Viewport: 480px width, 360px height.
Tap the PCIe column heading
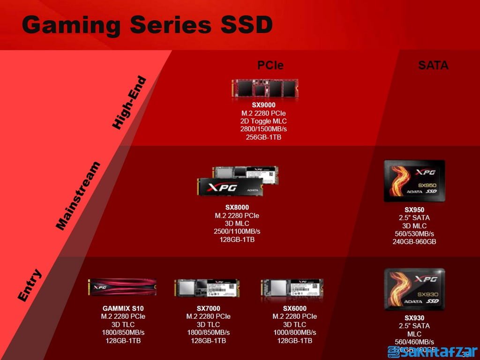coord(270,65)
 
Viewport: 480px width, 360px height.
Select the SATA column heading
coord(433,65)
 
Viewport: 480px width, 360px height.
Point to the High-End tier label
coord(129,103)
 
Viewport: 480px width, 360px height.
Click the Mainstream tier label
coord(78,196)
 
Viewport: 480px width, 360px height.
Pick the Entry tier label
coord(30,285)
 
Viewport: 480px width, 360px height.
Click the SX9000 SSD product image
coord(265,89)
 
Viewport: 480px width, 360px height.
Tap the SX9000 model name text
coord(263,105)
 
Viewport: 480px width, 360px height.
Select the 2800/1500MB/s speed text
coord(263,129)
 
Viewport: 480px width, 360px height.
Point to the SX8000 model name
coord(237,207)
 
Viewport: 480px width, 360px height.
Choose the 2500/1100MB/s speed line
coord(237,231)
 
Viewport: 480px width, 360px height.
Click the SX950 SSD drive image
coord(414,181)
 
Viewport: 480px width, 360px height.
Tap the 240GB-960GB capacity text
coord(414,242)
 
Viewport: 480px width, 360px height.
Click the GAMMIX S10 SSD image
coord(122,287)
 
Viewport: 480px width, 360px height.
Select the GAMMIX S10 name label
coord(123,308)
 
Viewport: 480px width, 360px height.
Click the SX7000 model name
coord(208,308)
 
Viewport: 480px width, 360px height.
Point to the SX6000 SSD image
coord(292,287)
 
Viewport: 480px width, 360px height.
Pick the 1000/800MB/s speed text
coord(294,332)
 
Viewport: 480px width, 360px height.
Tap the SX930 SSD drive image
coord(414,289)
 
